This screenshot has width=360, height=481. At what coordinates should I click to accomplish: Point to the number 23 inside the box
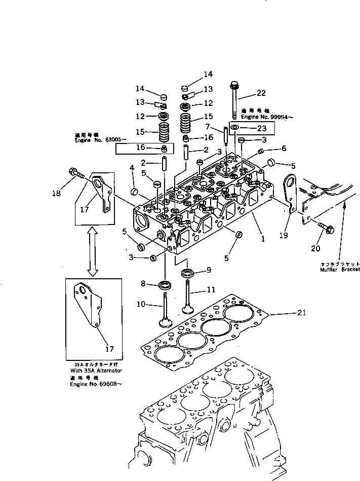pyautogui.click(x=262, y=128)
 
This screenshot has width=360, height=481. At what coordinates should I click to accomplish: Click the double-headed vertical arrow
pyautogui.click(x=92, y=251)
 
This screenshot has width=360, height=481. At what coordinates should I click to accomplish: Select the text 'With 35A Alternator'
pyautogui.click(x=96, y=371)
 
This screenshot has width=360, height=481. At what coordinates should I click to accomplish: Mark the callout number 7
pyautogui.click(x=207, y=126)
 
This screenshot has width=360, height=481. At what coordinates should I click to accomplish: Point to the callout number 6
pyautogui.click(x=284, y=148)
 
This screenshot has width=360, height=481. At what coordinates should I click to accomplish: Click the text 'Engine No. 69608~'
pyautogui.click(x=96, y=384)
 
